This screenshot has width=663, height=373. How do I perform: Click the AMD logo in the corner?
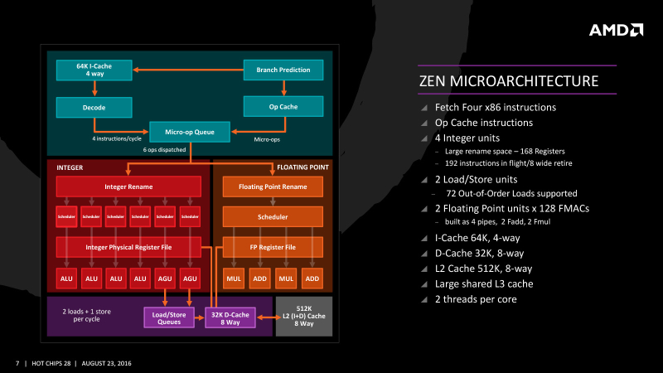(616, 30)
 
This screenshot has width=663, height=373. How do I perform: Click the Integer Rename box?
(128, 186)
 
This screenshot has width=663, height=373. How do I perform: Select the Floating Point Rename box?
(273, 186)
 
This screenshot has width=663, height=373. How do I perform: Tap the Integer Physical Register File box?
(128, 246)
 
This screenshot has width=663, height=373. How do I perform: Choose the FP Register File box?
(273, 246)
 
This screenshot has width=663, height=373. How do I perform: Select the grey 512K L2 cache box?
(303, 316)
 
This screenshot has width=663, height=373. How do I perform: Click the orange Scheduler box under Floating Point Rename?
(273, 216)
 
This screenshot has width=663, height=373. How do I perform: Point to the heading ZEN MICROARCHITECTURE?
(510, 81)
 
